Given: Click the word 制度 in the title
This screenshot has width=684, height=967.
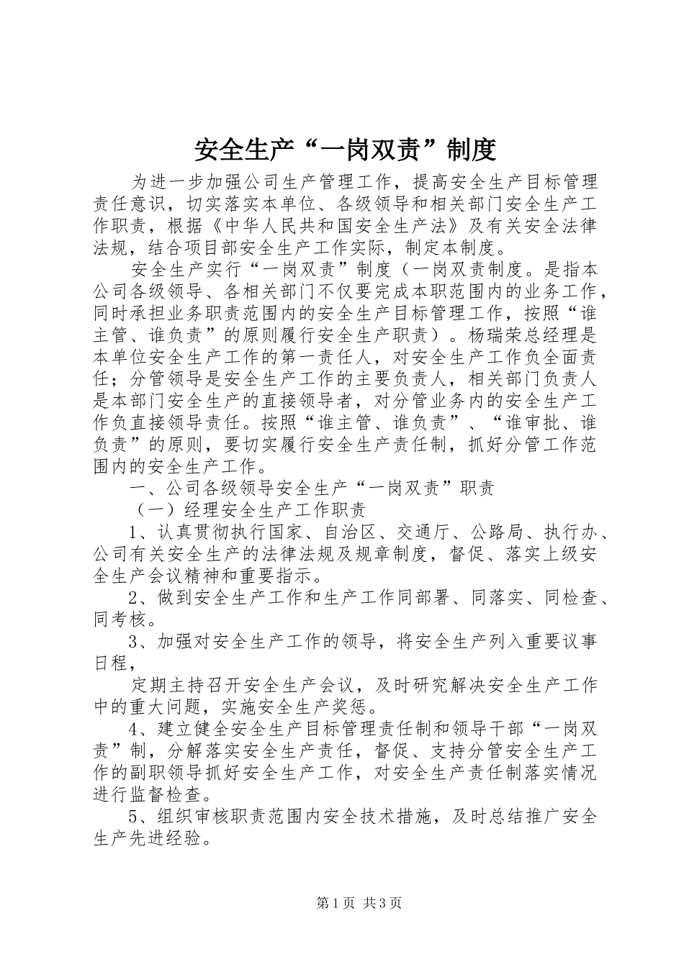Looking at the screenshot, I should coord(471,150).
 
